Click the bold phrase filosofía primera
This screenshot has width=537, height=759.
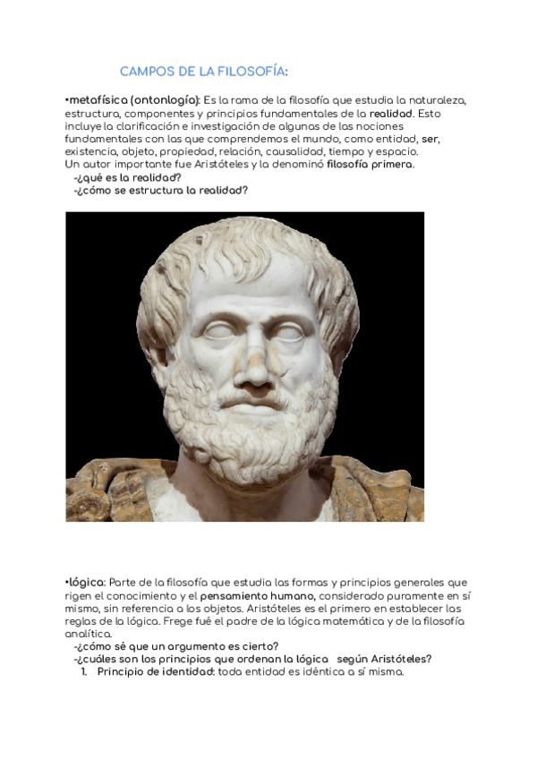click(370, 165)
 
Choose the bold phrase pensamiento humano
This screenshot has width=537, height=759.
click(257, 595)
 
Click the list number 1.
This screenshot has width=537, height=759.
click(83, 672)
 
